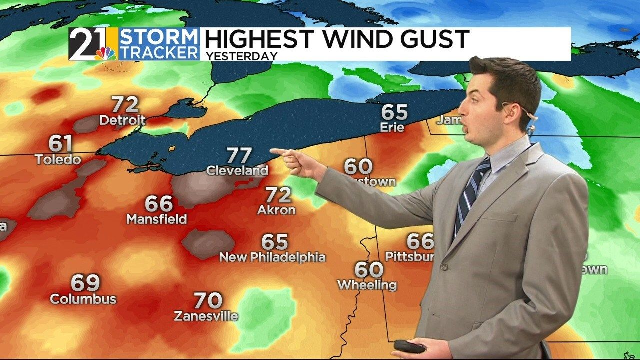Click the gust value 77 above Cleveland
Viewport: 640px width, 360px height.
(x=239, y=155)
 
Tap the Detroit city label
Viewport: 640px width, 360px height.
(x=122, y=120)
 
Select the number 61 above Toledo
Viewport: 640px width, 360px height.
(x=60, y=144)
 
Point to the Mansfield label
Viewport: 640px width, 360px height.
(x=156, y=219)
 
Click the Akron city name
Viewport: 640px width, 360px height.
(x=276, y=210)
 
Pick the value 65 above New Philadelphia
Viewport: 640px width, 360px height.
(x=275, y=242)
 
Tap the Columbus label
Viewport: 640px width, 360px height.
(x=83, y=299)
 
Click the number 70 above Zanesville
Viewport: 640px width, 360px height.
(x=208, y=301)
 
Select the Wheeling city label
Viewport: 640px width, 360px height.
(x=367, y=285)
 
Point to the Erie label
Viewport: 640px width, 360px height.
(x=392, y=127)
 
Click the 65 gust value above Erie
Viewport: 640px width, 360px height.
(x=394, y=112)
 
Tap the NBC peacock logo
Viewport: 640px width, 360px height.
(x=105, y=53)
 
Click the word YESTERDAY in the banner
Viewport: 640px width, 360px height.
(x=241, y=56)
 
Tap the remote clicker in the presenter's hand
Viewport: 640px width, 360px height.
(x=409, y=346)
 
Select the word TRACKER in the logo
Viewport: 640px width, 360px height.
(x=159, y=52)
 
